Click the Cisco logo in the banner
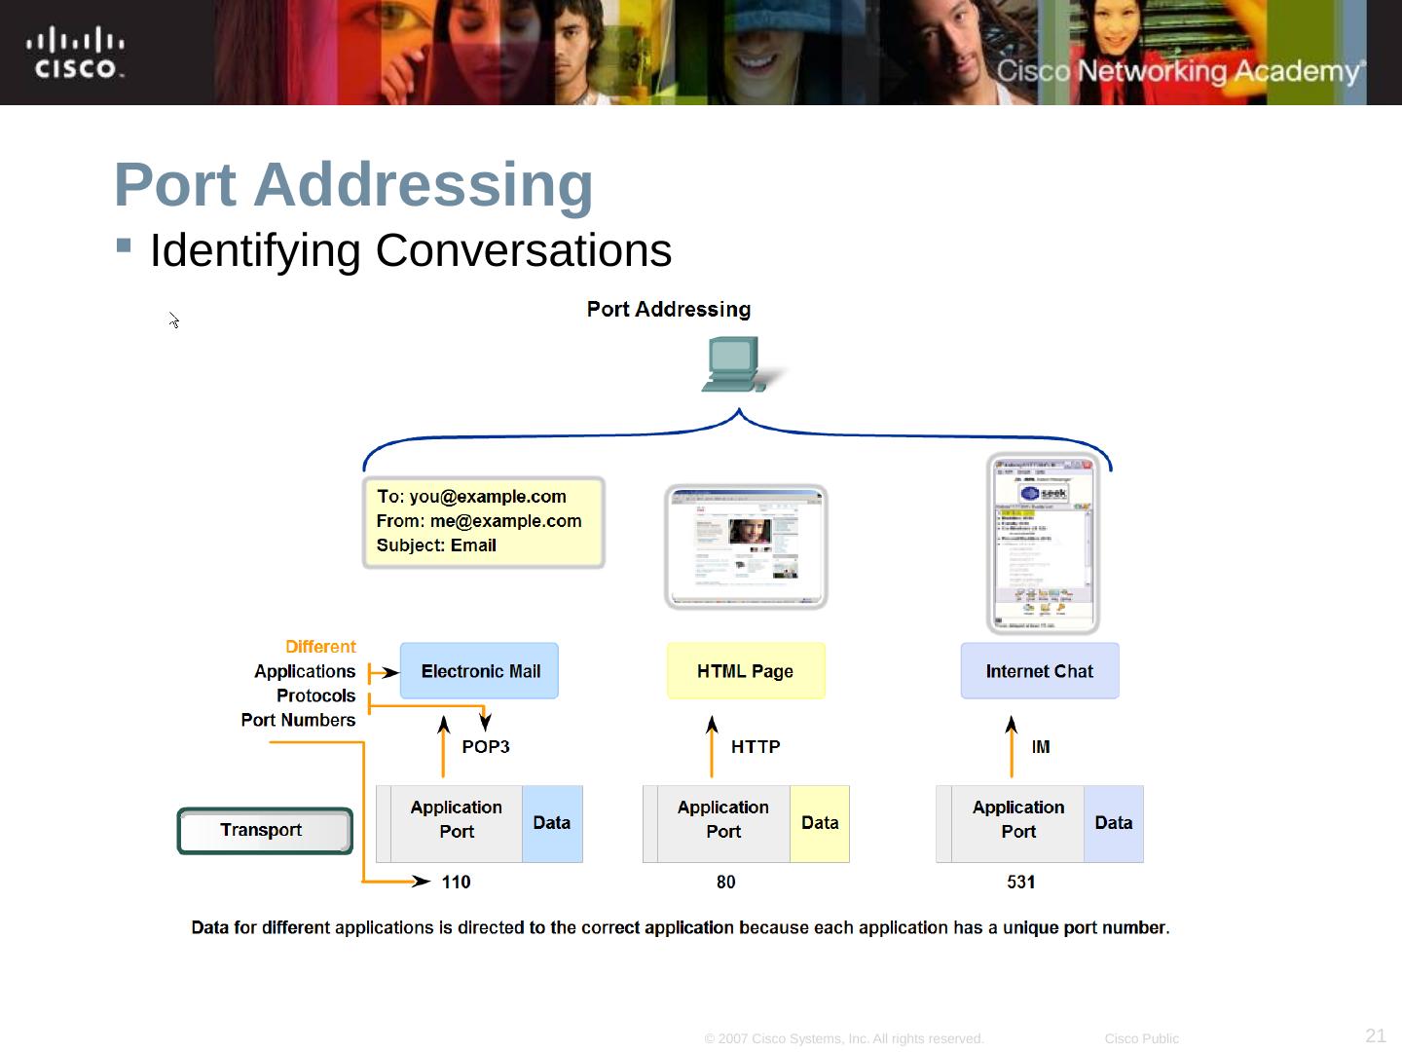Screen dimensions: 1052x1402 pyautogui.click(x=75, y=54)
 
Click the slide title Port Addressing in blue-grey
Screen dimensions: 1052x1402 pyautogui.click(x=353, y=184)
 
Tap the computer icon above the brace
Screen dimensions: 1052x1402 pyautogui.click(x=736, y=364)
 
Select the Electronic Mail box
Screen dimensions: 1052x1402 pyautogui.click(x=479, y=671)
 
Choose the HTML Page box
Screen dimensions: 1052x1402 pyautogui.click(x=746, y=671)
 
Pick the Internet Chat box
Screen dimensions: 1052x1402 pyautogui.click(x=1039, y=671)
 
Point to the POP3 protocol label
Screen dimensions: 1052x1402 pyautogui.click(x=486, y=747)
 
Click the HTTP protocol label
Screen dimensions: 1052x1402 pyautogui.click(x=756, y=747)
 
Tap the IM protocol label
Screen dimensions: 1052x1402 pyautogui.click(x=1041, y=747)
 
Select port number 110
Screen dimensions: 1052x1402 pyautogui.click(x=456, y=883)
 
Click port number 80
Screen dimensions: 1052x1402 pyautogui.click(x=726, y=883)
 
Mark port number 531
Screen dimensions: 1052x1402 pyautogui.click(x=1021, y=883)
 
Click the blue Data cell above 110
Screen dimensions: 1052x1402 pyautogui.click(x=552, y=824)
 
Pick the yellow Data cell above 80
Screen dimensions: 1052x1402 pyautogui.click(x=820, y=824)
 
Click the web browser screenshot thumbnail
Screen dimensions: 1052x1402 pyautogui.click(x=746, y=546)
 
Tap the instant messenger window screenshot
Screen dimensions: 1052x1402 pyautogui.click(x=1043, y=544)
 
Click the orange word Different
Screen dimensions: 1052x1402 pyautogui.click(x=320, y=647)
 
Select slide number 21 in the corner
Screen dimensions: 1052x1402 pyautogui.click(x=1376, y=1035)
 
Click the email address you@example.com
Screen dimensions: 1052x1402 pyautogui.click(x=488, y=497)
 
